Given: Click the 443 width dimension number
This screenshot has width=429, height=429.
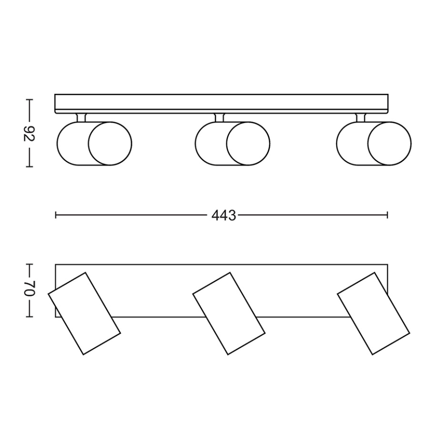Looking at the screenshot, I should tap(223, 215).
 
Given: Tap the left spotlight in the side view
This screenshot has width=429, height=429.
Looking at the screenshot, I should tap(94, 143).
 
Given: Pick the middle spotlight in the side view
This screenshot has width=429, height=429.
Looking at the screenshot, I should tap(232, 143).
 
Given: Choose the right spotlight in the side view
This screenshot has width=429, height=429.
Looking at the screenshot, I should tap(373, 143).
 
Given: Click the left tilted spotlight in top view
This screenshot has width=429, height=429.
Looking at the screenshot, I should tap(84, 313).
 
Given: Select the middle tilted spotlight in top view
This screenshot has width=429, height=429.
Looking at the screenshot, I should tap(229, 313).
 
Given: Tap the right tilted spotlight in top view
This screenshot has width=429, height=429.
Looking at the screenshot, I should tap(373, 313).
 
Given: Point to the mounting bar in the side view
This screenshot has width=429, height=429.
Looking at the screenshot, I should tap(221, 103).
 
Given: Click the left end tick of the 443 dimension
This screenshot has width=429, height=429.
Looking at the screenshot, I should tap(56, 215).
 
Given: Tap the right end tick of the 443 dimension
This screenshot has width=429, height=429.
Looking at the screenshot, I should tap(387, 215).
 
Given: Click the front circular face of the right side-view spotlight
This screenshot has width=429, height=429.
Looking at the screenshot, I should tap(389, 143).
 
